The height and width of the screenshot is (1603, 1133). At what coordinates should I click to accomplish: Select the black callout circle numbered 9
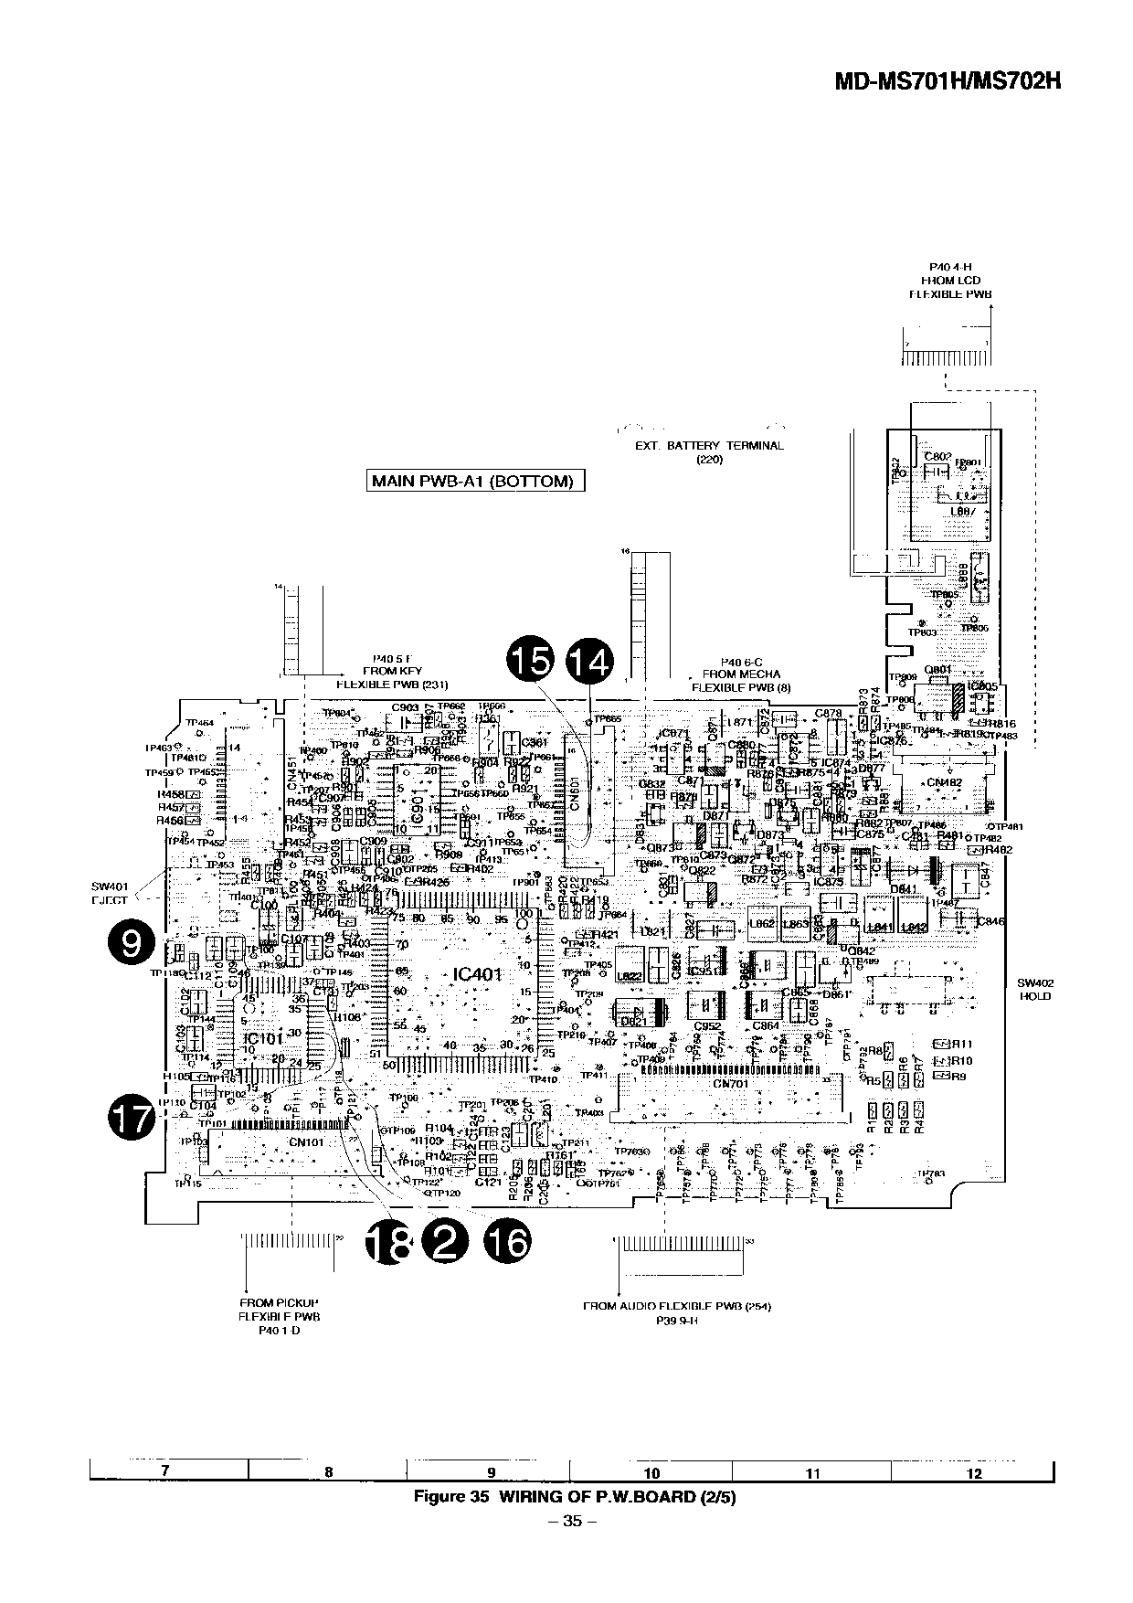coord(132,942)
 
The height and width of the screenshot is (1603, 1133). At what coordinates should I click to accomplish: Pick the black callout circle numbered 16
coord(508,1242)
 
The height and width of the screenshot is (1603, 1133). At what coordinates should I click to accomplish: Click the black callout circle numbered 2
coord(445,1242)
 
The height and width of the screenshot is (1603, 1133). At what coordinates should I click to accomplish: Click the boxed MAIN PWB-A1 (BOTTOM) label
coord(473,482)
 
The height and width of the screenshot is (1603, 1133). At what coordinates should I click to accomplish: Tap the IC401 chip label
coord(478,975)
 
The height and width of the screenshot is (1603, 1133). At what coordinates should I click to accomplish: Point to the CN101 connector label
coord(307,1141)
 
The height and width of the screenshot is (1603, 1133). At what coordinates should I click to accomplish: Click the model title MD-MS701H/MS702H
coord(948,80)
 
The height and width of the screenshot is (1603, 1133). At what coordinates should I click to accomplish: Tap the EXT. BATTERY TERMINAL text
coord(709,446)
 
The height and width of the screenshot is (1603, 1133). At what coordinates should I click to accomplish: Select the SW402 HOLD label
coord(1035,990)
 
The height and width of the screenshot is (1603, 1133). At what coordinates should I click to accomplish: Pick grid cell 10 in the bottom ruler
coord(651,1473)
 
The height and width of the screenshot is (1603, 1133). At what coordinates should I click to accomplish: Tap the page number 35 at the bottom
coord(573,1522)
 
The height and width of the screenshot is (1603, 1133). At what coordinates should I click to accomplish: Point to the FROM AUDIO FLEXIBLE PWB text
coord(677,1306)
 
